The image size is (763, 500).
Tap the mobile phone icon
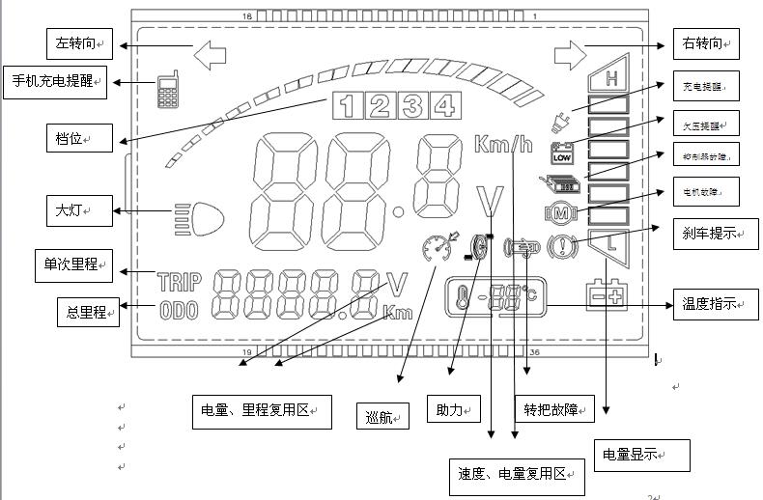(x=170, y=90)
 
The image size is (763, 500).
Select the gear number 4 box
(x=443, y=105)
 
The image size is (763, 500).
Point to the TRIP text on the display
(x=179, y=282)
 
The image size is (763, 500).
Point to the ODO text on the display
(x=179, y=311)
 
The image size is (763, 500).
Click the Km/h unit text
(x=502, y=146)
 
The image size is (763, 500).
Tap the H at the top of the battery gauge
(x=610, y=78)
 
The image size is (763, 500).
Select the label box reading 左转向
(x=79, y=42)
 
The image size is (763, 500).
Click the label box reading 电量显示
(x=640, y=455)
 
